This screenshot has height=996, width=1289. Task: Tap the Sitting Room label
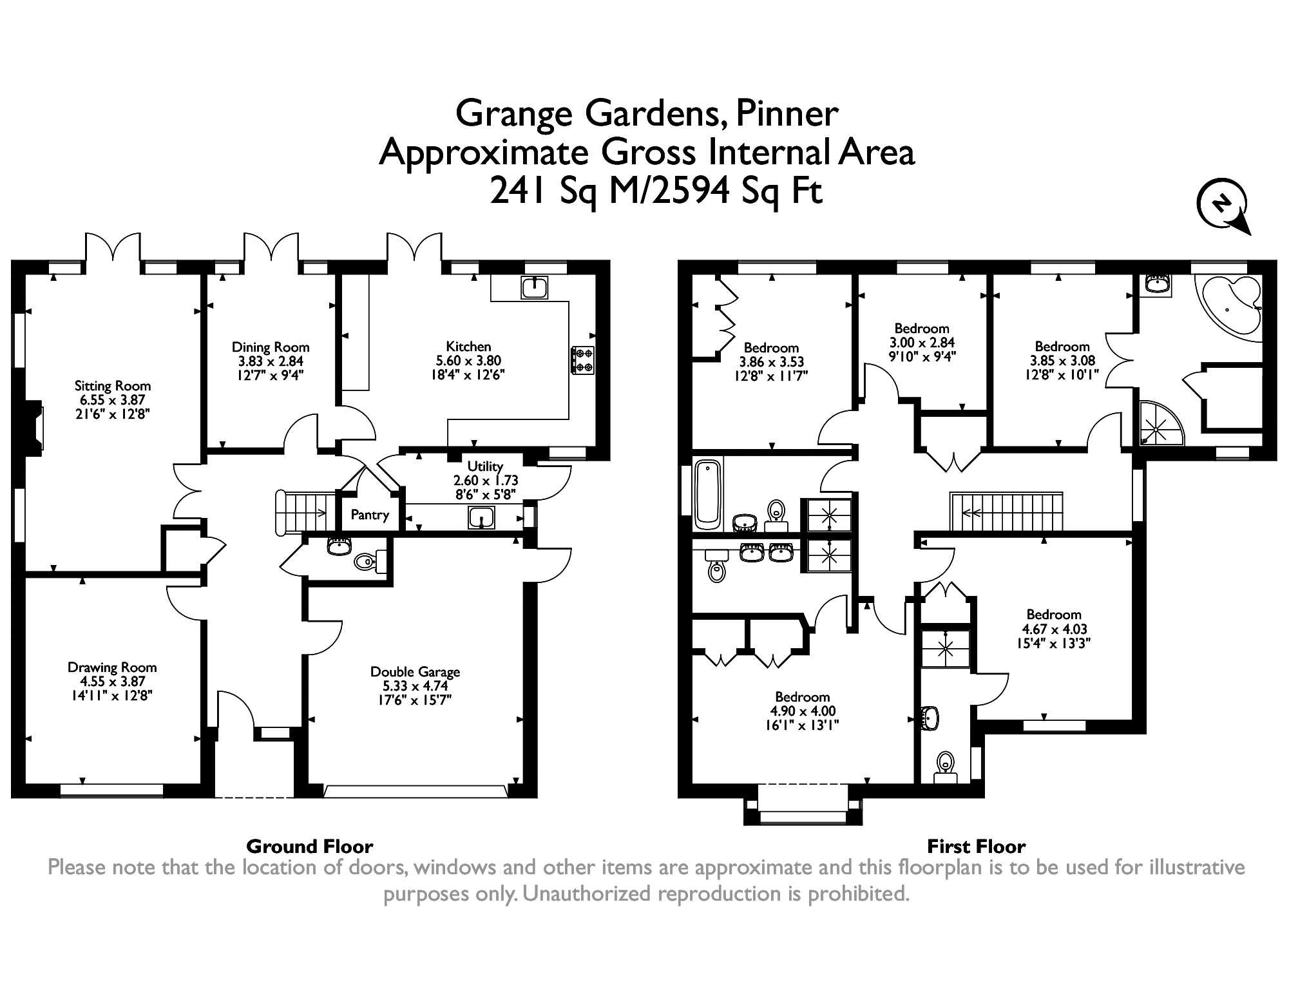tap(113, 387)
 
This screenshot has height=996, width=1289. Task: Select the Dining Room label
tap(271, 348)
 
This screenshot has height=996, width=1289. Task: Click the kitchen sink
tap(535, 288)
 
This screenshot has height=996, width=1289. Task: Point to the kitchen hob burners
tap(583, 360)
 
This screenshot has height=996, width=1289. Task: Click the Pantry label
tap(370, 515)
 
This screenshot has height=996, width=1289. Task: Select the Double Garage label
tap(415, 672)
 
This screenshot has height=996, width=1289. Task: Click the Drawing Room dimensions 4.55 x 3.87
tap(112, 682)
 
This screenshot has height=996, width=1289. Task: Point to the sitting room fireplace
tap(33, 427)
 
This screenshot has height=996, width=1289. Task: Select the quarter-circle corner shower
tap(1160, 425)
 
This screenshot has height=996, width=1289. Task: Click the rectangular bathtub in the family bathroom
tap(709, 493)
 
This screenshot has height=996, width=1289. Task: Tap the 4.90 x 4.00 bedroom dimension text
tap(803, 711)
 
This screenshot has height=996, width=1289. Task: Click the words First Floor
tap(976, 846)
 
